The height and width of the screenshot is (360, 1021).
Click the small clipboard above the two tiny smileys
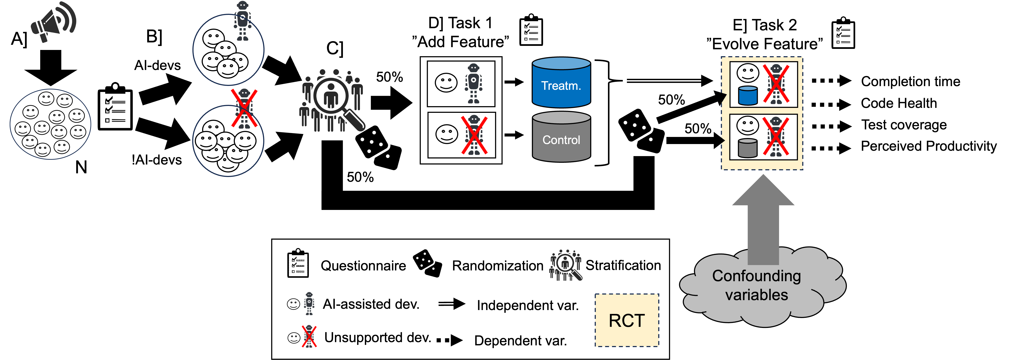(x=298, y=263)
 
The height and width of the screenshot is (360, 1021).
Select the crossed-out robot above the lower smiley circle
(x=244, y=108)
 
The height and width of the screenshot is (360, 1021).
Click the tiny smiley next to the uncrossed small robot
(x=293, y=304)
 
